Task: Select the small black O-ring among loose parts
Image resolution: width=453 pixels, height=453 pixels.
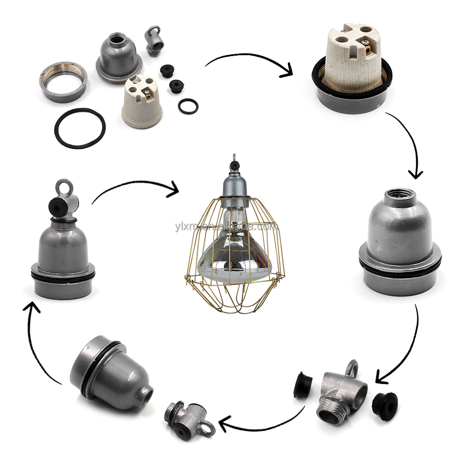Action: click(x=188, y=106)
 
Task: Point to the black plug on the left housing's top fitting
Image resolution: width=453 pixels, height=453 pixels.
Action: click(x=58, y=206)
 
